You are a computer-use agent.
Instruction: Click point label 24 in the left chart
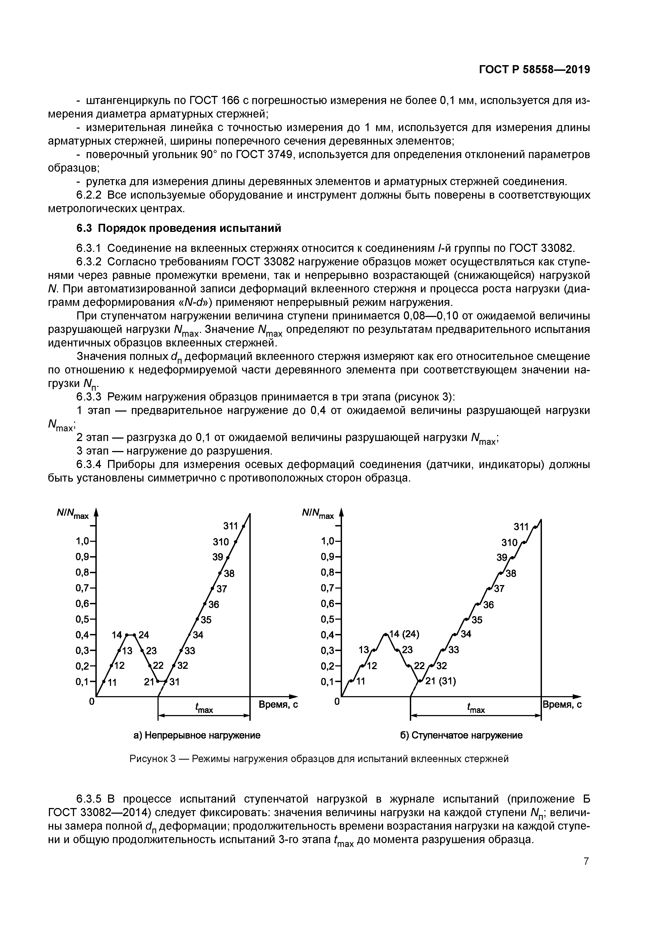[x=143, y=635]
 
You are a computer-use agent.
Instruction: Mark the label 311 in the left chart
[x=231, y=526]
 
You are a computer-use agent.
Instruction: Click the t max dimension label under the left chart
[x=204, y=709]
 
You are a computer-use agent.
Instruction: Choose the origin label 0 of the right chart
[x=337, y=701]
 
